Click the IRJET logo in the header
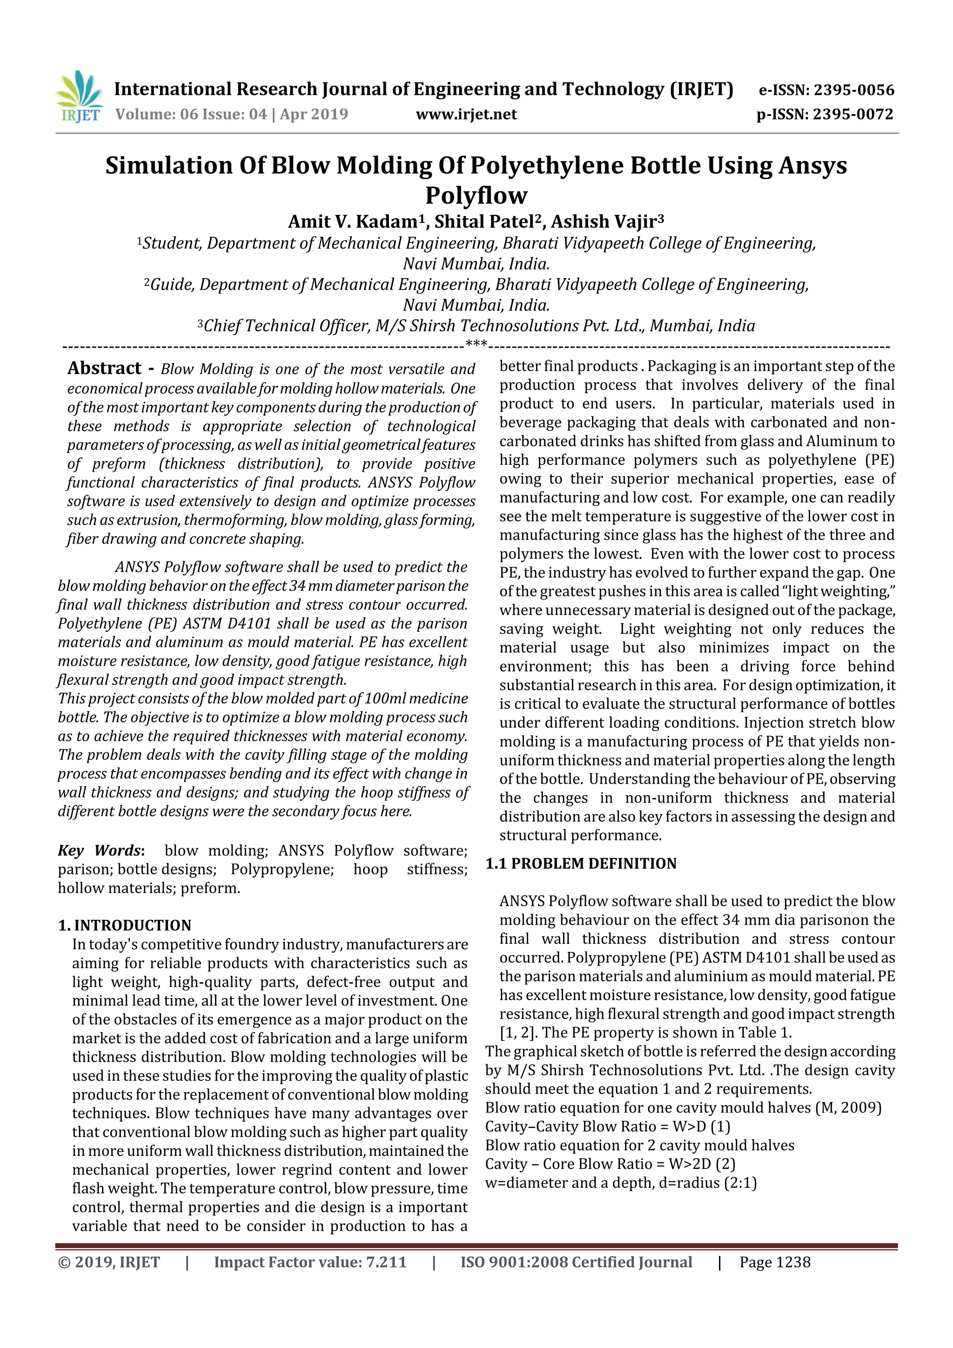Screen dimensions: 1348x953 (79, 97)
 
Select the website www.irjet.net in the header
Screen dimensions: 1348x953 (466, 114)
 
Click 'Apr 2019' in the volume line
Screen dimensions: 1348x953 (314, 114)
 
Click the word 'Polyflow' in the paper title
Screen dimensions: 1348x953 (476, 195)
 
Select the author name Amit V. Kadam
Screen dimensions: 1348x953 (353, 222)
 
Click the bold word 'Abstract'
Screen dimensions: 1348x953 (105, 368)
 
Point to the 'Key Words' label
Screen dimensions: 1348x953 (100, 851)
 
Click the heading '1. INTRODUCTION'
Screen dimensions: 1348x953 (125, 926)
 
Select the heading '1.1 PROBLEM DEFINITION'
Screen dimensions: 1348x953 (581, 864)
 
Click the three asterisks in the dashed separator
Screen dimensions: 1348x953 (476, 343)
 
